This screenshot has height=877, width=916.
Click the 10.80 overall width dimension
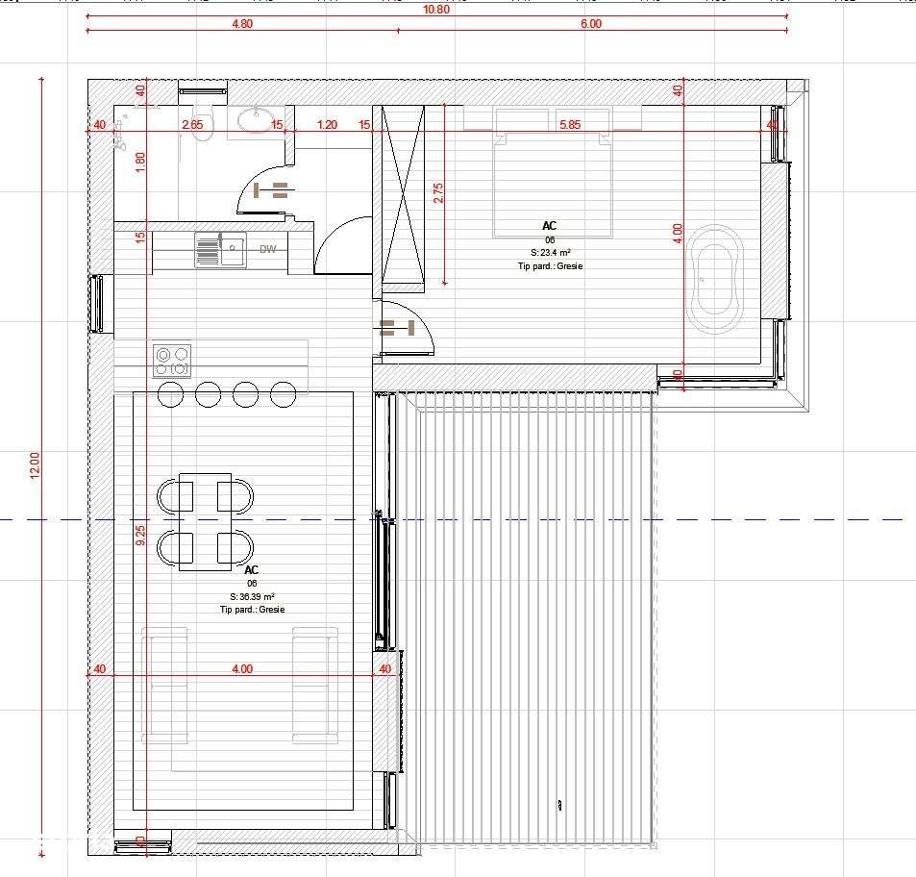click(x=436, y=9)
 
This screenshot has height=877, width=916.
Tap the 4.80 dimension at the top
click(x=242, y=25)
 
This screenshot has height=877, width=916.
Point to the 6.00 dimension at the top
click(x=590, y=25)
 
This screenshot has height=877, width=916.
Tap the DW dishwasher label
click(x=267, y=250)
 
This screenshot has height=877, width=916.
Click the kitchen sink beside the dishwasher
click(x=220, y=250)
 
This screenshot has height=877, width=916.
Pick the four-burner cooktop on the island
click(x=172, y=361)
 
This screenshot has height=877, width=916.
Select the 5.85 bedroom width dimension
click(x=570, y=124)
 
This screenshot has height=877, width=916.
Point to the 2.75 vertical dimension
click(x=438, y=192)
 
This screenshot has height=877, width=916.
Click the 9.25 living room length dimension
click(x=140, y=536)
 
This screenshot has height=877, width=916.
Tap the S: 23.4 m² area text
click(x=550, y=253)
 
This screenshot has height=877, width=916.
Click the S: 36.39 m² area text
click(x=252, y=596)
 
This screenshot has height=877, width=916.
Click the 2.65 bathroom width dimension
click(x=192, y=124)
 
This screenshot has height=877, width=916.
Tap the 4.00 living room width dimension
click(x=242, y=669)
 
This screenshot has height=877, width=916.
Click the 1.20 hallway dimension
click(x=327, y=124)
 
